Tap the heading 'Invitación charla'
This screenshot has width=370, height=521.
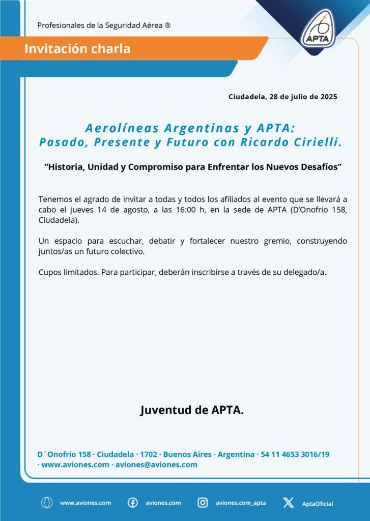point(77,49)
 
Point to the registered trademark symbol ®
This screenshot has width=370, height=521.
point(167,25)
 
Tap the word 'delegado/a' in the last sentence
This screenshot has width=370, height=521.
point(306,272)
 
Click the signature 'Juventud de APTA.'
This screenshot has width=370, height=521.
point(192,410)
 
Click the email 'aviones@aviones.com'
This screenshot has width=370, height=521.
point(156,465)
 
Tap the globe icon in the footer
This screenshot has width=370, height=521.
point(47,503)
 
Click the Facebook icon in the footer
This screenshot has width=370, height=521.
point(132,503)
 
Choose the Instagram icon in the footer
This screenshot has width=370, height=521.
point(203,503)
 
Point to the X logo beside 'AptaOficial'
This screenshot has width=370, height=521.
point(288,503)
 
